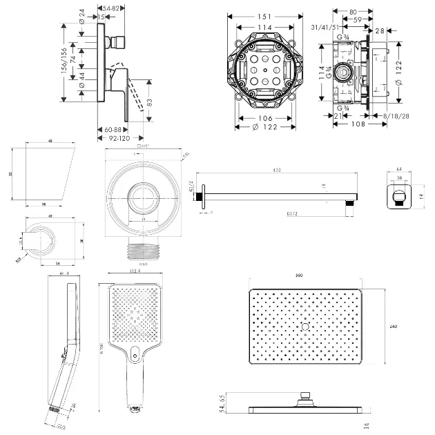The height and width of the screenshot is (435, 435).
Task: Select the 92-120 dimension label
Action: [x=114, y=138]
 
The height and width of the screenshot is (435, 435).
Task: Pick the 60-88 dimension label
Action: [x=113, y=129]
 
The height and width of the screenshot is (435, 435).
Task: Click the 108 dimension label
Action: [x=357, y=125]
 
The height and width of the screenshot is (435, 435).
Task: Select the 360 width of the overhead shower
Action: [x=299, y=275]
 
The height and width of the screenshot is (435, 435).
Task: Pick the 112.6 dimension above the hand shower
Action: [x=134, y=271]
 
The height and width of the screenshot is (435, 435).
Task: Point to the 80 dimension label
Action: [x=352, y=11]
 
